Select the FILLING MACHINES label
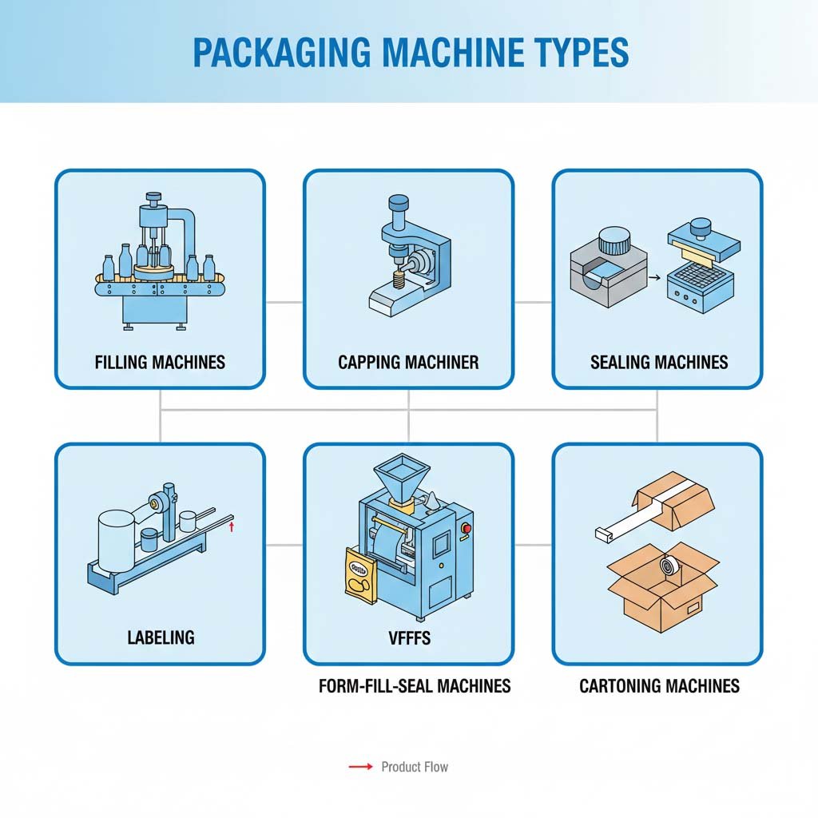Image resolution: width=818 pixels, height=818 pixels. [x=160, y=362]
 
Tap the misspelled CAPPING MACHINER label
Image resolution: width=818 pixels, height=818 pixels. [x=408, y=362]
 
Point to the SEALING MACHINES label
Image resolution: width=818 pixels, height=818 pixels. [x=659, y=362]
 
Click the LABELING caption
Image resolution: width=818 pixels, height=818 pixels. [x=161, y=637]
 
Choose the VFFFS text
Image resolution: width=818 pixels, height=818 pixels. [x=408, y=637]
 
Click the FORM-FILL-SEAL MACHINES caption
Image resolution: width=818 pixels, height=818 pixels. [x=415, y=685]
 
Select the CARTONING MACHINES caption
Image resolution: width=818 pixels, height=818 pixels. [x=659, y=685]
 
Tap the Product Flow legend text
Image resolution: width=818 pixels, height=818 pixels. [x=415, y=767]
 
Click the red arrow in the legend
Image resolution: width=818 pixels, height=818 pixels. [x=361, y=767]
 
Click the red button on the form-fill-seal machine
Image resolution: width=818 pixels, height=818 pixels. [x=465, y=527]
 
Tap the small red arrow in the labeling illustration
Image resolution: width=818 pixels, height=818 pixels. [x=232, y=526]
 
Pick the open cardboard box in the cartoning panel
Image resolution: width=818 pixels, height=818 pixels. [x=662, y=587]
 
